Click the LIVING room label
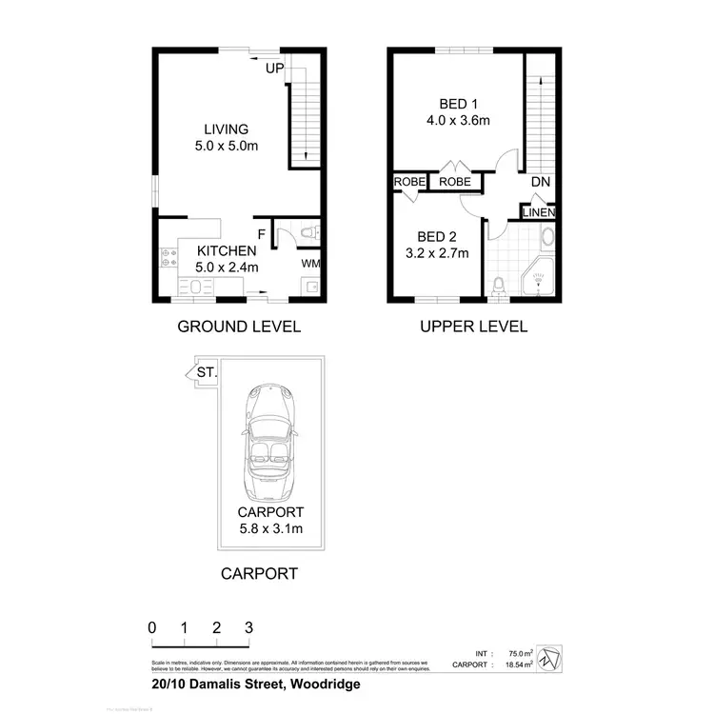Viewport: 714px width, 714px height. (226, 129)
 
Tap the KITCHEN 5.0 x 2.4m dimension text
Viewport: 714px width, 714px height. (227, 268)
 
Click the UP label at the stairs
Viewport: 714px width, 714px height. (275, 69)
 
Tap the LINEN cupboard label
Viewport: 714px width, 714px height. (538, 212)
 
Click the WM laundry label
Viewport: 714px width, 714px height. (310, 263)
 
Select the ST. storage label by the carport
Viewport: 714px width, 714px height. (206, 372)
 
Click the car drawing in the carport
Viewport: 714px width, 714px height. (269, 444)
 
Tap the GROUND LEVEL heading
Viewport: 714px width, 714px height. (239, 327)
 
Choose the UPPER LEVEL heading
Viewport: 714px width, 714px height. (473, 327)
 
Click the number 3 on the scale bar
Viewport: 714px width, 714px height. (248, 627)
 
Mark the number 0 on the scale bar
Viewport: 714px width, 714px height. (151, 627)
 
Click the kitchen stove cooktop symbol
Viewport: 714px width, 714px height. (169, 256)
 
